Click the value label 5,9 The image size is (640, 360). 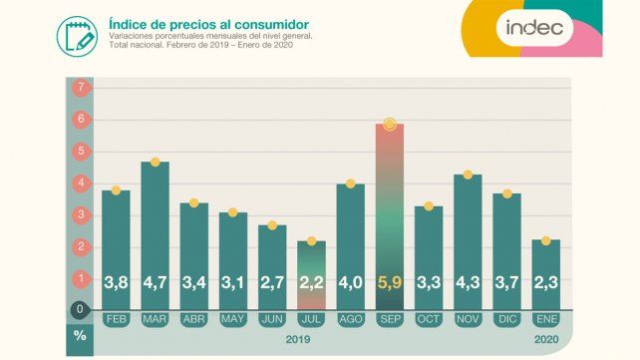pyautogui.click(x=389, y=283)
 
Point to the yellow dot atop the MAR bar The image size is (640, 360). pyautogui.click(x=155, y=162)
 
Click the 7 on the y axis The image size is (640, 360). pyautogui.click(x=80, y=88)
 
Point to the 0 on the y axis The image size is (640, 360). pyautogui.click(x=80, y=309)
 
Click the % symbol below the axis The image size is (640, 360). pyautogui.click(x=80, y=336)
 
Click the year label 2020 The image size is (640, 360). pyautogui.click(x=545, y=338)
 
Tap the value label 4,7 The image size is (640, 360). pyautogui.click(x=155, y=283)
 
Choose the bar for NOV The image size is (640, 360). pyautogui.click(x=468, y=239)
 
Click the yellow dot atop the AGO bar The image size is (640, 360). pyautogui.click(x=350, y=183)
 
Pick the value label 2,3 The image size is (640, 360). pyautogui.click(x=545, y=283)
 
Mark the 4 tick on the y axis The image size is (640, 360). pyautogui.click(x=80, y=182)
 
